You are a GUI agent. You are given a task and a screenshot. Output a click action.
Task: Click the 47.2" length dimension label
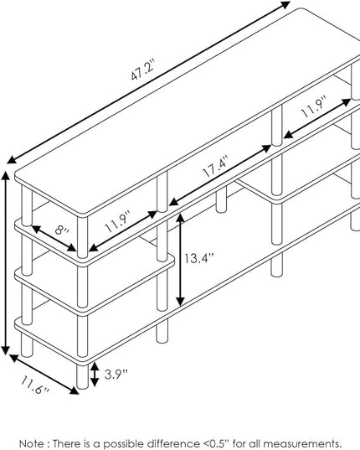(143, 70)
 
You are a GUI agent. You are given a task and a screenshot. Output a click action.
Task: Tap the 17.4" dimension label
(215, 166)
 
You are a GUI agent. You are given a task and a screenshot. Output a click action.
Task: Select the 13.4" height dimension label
(198, 259)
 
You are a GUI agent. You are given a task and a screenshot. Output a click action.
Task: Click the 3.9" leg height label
(116, 374)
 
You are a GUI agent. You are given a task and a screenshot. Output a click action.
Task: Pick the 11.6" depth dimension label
(35, 385)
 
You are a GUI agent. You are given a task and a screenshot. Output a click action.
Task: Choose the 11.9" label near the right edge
(314, 107)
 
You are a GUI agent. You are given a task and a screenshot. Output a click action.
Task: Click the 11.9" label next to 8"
(118, 221)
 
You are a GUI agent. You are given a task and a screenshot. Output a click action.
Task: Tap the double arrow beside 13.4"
(180, 260)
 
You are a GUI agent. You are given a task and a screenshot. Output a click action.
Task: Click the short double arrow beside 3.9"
(95, 375)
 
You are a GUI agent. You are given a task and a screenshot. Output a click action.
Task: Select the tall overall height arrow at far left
(6, 262)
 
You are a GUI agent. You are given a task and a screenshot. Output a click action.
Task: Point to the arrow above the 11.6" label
(44, 375)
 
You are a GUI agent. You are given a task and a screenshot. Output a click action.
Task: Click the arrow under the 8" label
(54, 239)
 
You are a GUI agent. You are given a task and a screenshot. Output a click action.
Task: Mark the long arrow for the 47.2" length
(148, 82)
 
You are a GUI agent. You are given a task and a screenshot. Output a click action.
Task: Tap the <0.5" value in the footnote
(218, 443)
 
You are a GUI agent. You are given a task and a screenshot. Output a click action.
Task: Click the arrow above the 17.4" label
(220, 175)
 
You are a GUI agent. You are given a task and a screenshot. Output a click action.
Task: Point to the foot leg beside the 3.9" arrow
(83, 376)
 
